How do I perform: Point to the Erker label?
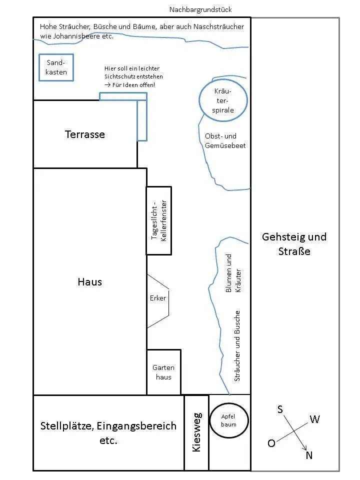click(x=158, y=298)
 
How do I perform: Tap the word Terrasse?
click(x=85, y=134)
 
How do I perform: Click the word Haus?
click(x=89, y=282)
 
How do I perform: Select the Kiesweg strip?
click(x=196, y=433)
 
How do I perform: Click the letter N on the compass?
click(x=309, y=455)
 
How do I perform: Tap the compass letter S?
click(x=280, y=409)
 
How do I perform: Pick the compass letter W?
click(x=314, y=419)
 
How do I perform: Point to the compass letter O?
click(x=271, y=443)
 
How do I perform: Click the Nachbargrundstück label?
click(x=200, y=10)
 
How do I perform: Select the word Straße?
click(x=294, y=251)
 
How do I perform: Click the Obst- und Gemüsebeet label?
click(x=225, y=141)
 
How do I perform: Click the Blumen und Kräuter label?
click(x=233, y=273)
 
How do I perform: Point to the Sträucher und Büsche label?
click(x=237, y=346)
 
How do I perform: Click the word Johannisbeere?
click(x=77, y=36)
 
